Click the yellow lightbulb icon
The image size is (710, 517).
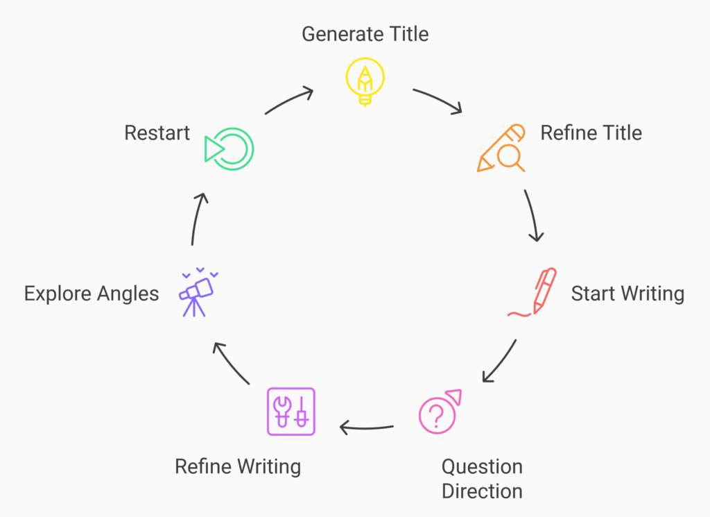365,82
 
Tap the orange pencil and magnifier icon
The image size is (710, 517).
502,148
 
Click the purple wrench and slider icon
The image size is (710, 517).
291,412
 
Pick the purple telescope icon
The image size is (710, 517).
197,292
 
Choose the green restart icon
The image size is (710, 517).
230,148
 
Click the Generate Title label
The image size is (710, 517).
365,33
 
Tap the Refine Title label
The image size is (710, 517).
591,133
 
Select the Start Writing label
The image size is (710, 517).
627,294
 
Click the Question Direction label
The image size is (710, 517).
482,478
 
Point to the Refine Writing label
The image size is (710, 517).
238,466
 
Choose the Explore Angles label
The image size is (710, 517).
92,294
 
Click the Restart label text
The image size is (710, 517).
157,133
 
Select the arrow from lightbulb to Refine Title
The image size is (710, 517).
438,100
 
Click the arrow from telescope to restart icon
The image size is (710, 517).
197,218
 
